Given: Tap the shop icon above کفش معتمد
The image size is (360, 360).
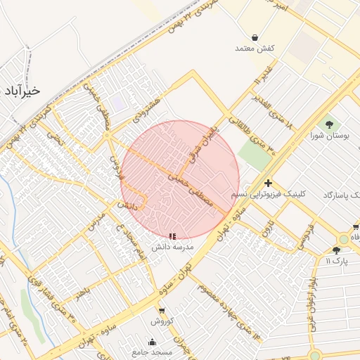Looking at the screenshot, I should pos(254,37).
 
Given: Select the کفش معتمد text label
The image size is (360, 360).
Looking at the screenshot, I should pos(254,49).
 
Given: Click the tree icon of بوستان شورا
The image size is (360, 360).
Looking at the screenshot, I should pos(328,124).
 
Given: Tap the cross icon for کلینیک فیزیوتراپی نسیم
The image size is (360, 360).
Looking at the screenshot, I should pos(268,183).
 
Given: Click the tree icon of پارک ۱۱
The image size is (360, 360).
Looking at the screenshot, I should pos(336,250).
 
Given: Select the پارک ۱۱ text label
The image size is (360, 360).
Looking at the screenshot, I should pos(336,262).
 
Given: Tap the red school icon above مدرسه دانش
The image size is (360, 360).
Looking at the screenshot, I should pos(173,237).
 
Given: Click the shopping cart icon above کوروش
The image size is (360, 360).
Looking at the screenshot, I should pos(161,310).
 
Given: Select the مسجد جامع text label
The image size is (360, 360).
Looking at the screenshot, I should pos(152,352).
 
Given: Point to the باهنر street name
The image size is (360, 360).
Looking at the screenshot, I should pos(84,292).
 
